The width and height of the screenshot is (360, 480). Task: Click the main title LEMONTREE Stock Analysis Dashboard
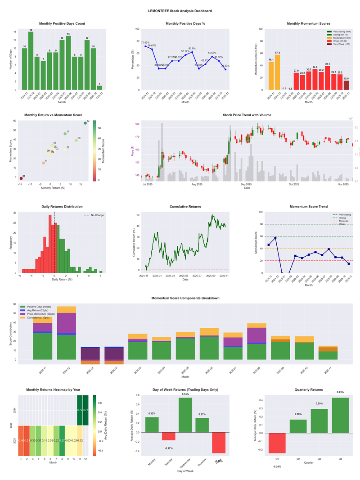[180, 11]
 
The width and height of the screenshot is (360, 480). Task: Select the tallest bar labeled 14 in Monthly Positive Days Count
[31, 61]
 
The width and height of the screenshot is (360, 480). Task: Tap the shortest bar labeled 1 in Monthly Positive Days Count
[99, 87]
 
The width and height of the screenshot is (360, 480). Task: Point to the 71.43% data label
[145, 42]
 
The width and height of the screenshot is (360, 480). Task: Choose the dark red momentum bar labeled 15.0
[346, 85]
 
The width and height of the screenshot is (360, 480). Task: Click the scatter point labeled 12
[85, 123]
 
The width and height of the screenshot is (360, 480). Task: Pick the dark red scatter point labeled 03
[20, 178]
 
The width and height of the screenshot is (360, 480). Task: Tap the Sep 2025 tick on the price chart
[246, 184]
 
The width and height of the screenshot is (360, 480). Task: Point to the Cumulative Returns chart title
[185, 207]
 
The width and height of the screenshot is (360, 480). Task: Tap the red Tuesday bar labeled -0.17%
[169, 436]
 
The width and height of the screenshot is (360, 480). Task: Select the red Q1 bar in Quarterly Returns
[278, 443]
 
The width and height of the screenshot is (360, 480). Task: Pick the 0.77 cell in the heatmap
[85, 410]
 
